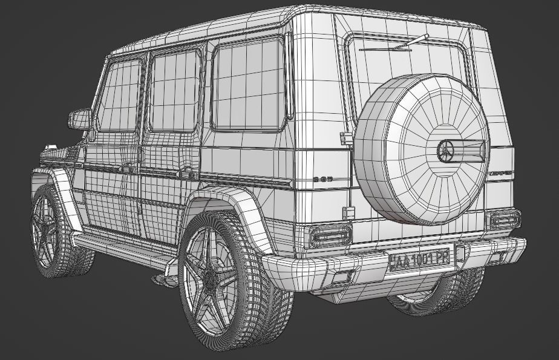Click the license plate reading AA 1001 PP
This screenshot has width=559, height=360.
pos(420,260)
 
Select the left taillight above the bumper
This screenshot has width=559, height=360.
pos(330,235)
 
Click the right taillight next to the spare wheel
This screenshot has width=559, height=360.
pos(505,218)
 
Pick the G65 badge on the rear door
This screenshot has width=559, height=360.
pos(323,179)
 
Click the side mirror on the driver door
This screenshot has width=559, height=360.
pos(80,119)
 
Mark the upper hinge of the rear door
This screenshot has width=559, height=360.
pos(346,138)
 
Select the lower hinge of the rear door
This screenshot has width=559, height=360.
pos(348,212)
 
